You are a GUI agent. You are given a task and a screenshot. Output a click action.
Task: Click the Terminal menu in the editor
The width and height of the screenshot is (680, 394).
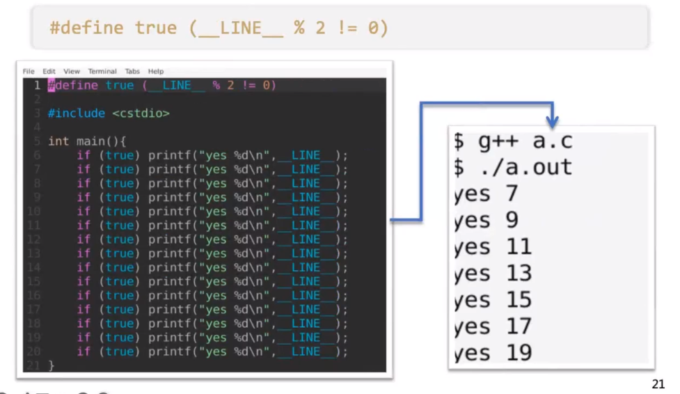(102, 71)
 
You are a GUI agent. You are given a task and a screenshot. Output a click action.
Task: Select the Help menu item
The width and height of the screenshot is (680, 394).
(156, 71)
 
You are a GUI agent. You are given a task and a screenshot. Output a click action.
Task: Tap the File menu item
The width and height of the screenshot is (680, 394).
(29, 71)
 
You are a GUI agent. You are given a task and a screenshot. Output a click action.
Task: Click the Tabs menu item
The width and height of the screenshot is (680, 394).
(132, 71)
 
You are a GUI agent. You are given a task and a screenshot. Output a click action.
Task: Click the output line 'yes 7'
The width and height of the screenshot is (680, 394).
(485, 194)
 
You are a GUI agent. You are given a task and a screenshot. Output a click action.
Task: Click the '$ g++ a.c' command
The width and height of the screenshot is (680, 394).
(512, 141)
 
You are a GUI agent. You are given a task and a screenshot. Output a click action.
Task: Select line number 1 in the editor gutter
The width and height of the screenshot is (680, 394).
(37, 85)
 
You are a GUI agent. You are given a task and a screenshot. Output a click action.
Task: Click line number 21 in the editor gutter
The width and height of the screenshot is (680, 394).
(35, 365)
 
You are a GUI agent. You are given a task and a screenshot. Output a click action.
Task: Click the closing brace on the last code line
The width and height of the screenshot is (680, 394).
(51, 365)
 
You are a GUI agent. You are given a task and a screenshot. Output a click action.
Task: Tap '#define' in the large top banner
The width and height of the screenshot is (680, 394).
(86, 29)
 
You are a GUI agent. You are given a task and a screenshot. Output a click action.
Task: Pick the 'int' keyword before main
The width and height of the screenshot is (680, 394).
(58, 141)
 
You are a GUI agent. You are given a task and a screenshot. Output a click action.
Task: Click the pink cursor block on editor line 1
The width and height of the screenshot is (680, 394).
(51, 85)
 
